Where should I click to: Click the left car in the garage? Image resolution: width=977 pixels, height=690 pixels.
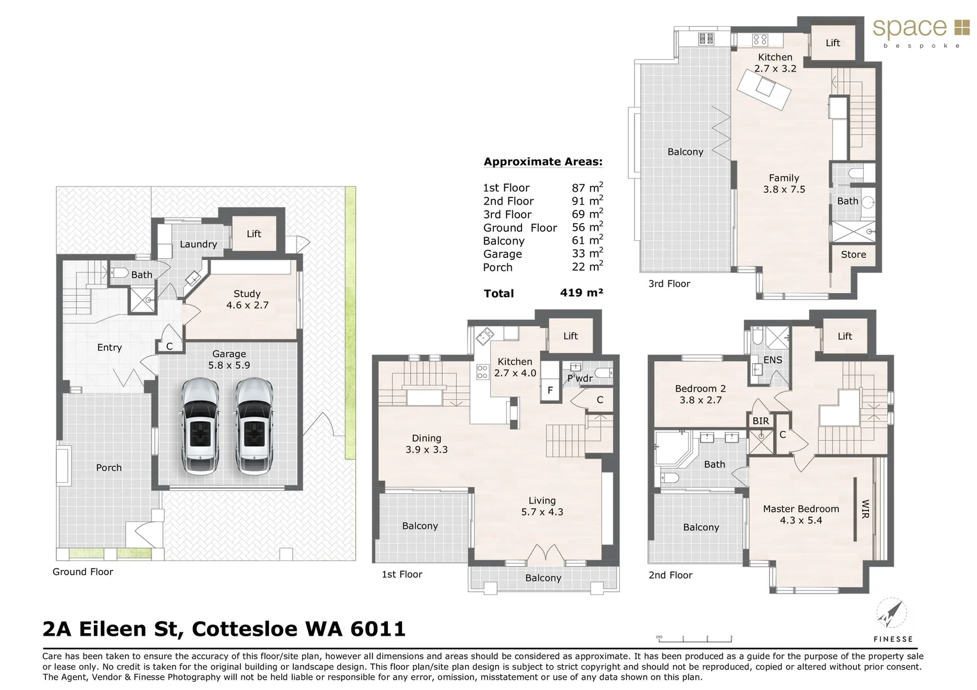200,426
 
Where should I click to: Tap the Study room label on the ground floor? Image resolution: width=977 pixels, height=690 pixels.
247,294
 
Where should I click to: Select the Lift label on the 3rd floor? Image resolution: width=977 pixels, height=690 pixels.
833,43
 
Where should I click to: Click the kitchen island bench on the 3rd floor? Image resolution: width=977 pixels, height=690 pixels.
764,89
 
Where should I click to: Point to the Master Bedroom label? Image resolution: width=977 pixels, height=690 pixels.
801,509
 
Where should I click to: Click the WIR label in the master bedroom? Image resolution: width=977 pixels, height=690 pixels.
866,509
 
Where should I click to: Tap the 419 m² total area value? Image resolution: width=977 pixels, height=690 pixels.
581,293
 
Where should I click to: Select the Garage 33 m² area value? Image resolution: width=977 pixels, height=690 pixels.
587,254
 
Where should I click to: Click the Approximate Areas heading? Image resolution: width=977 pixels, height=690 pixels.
542,162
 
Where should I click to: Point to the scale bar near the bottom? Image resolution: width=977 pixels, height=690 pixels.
695,638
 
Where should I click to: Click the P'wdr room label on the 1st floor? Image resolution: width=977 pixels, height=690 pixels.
580,378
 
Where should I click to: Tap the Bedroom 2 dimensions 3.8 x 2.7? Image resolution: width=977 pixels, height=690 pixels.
700,400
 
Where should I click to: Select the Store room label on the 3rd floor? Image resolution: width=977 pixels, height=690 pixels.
853,254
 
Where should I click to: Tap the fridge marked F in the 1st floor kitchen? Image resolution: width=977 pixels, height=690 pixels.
550,390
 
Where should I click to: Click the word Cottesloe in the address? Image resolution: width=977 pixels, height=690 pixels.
245,629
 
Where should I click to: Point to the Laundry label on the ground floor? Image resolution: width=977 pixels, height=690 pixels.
198,244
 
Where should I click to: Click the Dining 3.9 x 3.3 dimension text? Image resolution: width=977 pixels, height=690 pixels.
426,450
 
